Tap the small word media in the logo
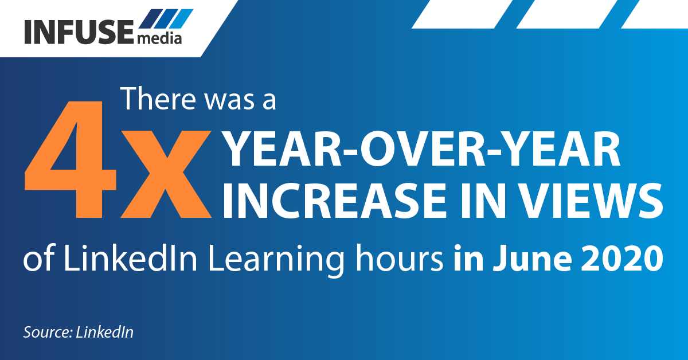click(160, 39)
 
